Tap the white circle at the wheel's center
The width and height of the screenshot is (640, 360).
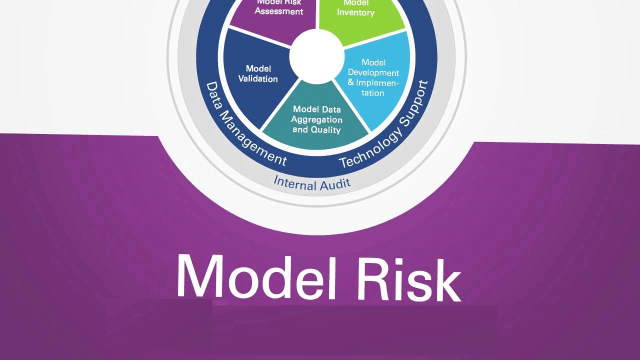coord(316,56)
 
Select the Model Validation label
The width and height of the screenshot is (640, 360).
coord(258,73)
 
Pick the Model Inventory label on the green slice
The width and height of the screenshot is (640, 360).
coord(355,8)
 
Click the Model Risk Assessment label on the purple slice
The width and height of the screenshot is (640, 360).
coord(279,6)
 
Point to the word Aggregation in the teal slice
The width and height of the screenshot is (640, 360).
coord(317,119)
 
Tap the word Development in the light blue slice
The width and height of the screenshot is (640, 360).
coord(373,72)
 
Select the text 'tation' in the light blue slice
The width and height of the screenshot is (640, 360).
coord(372,93)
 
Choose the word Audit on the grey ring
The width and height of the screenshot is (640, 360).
coord(335,183)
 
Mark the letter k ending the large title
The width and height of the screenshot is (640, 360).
coord(447,280)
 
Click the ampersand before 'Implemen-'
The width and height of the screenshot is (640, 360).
coord(351,82)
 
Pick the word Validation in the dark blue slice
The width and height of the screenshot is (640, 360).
coord(258,79)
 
